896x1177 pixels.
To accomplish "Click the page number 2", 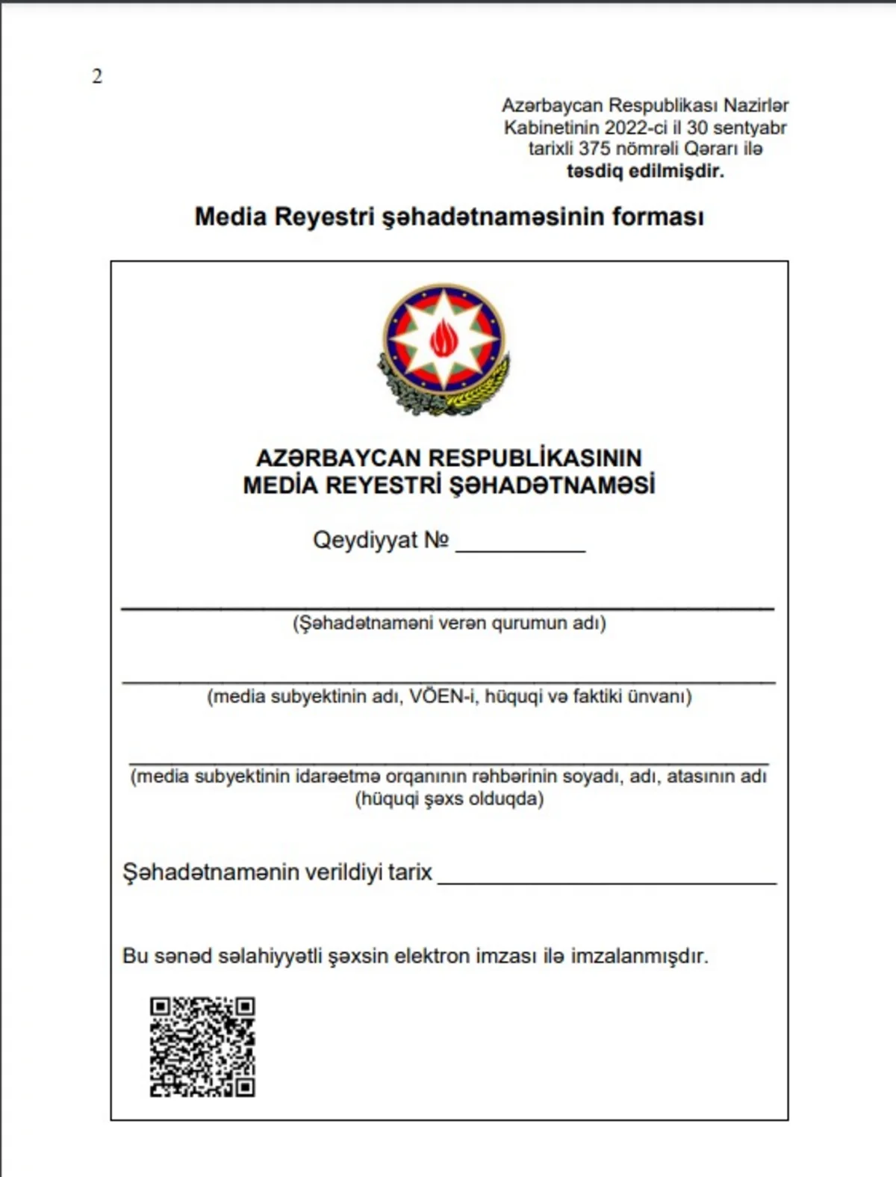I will click(x=97, y=76).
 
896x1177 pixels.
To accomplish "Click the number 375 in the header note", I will click(x=594, y=149).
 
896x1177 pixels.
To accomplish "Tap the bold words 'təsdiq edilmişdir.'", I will click(x=645, y=171).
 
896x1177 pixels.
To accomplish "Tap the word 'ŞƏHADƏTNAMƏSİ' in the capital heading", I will click(x=552, y=485).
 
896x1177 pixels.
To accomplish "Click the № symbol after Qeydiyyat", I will click(x=437, y=540).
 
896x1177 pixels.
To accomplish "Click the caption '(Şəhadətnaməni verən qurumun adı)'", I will click(x=449, y=623).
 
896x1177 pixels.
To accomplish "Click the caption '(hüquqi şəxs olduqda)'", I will click(x=449, y=799).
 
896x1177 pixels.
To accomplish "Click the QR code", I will click(x=202, y=1047).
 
